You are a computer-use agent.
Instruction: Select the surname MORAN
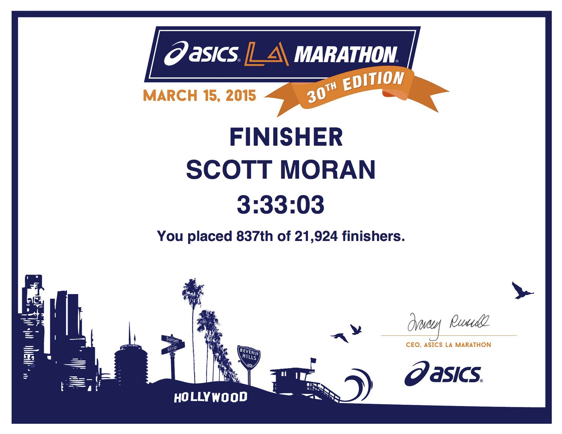point(328,170)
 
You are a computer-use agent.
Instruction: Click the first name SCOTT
point(229,170)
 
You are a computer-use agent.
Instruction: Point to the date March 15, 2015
point(199,96)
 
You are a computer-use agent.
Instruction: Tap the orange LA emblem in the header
point(266,54)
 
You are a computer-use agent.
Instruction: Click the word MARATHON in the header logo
point(346,55)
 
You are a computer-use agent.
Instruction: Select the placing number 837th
point(254,236)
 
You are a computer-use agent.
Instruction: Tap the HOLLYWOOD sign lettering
point(210,397)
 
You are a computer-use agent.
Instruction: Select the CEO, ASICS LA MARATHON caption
point(449,345)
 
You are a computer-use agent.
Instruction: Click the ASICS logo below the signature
point(443,374)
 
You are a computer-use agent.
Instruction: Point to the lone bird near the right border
point(522,291)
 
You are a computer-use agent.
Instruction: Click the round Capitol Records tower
point(131,365)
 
